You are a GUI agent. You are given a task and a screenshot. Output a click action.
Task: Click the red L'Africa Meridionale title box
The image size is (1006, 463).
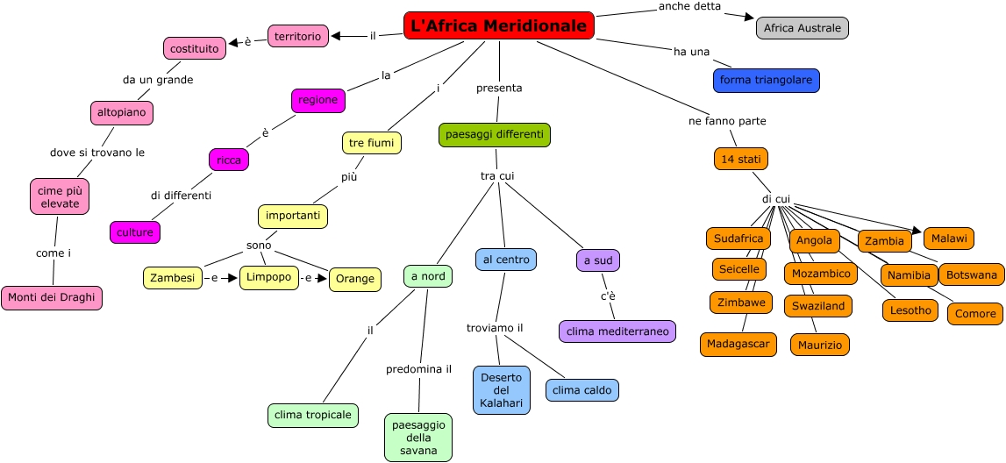498,26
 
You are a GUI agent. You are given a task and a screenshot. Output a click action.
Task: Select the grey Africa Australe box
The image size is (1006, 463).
802,28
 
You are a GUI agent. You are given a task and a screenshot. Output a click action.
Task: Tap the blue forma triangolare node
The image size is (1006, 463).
766,81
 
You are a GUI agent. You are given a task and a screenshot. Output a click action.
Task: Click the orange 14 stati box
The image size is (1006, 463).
741,159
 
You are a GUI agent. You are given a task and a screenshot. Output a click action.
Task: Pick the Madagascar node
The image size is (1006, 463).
738,344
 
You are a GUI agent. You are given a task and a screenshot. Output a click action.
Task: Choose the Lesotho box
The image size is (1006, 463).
910,310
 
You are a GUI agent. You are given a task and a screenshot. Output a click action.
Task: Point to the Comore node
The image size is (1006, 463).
974,314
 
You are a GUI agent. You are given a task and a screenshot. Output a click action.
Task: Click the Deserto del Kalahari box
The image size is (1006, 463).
502,390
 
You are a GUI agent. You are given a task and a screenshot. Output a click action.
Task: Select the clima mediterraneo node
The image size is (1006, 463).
617,331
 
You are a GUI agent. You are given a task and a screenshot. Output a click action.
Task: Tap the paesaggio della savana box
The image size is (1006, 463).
418,438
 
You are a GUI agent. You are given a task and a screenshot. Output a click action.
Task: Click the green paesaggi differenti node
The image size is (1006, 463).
495,135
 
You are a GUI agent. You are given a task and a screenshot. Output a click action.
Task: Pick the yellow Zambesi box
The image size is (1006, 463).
172,278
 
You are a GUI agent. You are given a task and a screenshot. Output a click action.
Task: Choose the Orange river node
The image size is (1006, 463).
354,280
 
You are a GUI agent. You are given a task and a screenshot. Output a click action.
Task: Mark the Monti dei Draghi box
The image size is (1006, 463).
52,298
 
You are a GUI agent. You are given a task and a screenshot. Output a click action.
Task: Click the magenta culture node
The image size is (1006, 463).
135,232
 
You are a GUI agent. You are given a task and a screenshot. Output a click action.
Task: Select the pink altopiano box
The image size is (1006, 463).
122,113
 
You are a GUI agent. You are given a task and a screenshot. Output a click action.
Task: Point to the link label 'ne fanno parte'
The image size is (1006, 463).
727,121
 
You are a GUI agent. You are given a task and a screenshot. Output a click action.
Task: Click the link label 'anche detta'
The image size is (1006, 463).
689,7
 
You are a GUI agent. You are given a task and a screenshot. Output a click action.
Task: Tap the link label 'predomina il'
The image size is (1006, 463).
418,369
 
